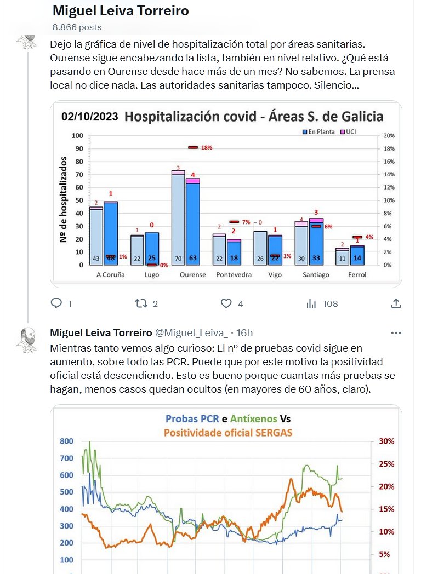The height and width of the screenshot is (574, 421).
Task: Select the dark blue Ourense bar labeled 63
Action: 192,225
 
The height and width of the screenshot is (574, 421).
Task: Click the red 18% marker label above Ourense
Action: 206,148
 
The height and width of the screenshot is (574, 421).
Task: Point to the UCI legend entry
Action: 349,132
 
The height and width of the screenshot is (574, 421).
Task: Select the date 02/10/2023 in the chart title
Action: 89,117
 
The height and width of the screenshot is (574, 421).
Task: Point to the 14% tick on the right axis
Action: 388,175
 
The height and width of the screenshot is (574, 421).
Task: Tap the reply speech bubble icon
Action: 56,303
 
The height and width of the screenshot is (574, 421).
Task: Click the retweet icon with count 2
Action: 141,303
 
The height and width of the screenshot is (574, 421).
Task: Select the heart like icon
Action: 226,303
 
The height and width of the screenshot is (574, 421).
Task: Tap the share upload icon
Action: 396,303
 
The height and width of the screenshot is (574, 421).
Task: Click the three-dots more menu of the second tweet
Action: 396,333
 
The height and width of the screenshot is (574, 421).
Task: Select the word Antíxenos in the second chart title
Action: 253,419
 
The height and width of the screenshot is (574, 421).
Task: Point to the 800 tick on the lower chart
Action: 66,441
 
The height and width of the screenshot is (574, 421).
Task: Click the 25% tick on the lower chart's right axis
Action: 386,464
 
